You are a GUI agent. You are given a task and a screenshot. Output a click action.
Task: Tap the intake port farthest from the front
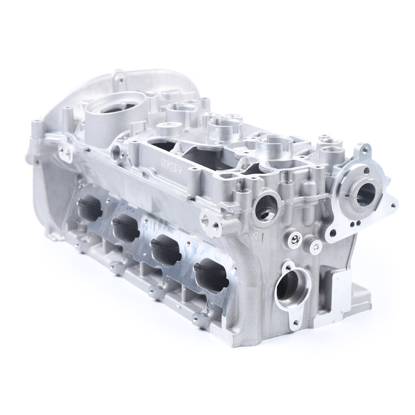[90, 207]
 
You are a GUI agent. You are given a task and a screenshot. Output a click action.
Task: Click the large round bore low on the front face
[293, 287]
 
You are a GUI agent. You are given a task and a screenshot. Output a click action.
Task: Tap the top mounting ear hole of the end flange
[365, 149]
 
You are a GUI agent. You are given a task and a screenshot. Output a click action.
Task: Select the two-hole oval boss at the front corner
[210, 220]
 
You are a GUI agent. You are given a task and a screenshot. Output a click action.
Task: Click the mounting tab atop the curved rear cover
[120, 77]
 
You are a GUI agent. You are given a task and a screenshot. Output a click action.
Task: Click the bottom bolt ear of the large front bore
[295, 322]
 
